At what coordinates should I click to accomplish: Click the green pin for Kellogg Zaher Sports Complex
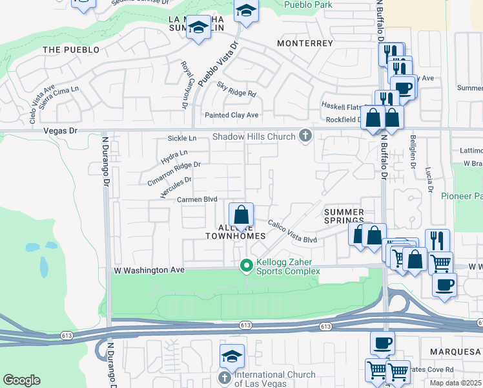[x=245, y=265]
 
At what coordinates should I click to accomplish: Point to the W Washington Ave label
[x=149, y=270]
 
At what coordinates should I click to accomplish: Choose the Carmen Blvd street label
[x=197, y=200]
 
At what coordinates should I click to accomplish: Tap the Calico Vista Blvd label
[x=293, y=231]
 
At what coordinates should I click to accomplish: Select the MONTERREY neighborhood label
[x=305, y=43]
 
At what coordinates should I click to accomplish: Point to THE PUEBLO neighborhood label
[x=71, y=49]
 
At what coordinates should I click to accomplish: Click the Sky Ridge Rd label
[x=236, y=89]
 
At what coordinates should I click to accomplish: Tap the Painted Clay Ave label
[x=231, y=115]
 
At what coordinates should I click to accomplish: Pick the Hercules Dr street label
[x=175, y=188]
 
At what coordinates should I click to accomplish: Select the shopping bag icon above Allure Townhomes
[x=241, y=215]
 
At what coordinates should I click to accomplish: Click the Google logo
[x=21, y=380]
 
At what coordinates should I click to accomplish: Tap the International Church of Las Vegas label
[x=274, y=379]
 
